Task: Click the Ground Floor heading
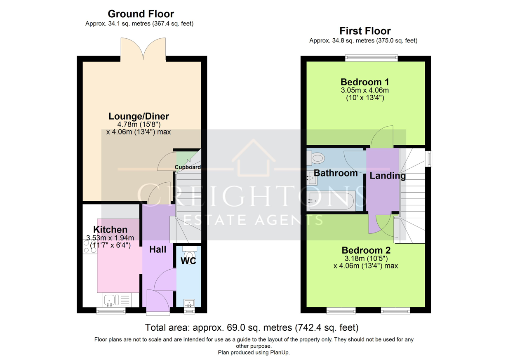click(141, 14)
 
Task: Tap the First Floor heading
click(365, 31)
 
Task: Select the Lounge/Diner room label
click(139, 116)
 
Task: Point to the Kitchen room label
click(111, 229)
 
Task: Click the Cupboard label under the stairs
click(188, 167)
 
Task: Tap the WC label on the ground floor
click(188, 261)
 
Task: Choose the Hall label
click(158, 249)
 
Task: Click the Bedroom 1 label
click(365, 82)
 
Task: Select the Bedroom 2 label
click(366, 250)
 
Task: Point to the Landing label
click(388, 176)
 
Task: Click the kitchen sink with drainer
click(117, 300)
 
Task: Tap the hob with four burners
click(90, 247)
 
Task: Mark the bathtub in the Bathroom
click(331, 201)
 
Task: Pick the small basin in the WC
click(189, 303)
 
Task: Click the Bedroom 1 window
click(372, 58)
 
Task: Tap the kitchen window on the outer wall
click(111, 311)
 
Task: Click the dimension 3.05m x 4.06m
click(365, 90)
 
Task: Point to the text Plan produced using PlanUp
click(254, 352)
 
